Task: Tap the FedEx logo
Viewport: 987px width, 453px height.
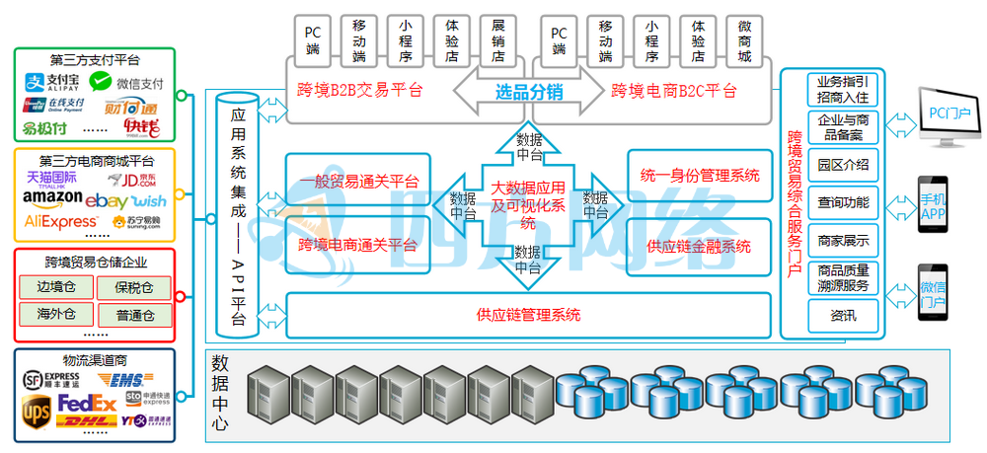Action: [x=89, y=403]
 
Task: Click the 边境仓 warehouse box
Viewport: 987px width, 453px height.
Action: [x=56, y=287]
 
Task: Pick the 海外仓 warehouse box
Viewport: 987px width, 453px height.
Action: [x=56, y=316]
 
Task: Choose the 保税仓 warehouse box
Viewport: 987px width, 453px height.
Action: [x=133, y=287]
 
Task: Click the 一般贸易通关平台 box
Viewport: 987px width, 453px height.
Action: [x=357, y=181]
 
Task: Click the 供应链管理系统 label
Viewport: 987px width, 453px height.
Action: [x=528, y=316]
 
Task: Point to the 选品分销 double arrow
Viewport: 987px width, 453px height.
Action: [x=528, y=93]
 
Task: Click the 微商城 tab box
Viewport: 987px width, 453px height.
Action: [x=745, y=40]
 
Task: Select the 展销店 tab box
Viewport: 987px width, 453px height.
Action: [x=498, y=40]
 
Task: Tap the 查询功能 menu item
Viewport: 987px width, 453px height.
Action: [x=843, y=203]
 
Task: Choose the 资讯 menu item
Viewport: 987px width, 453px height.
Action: [x=843, y=316]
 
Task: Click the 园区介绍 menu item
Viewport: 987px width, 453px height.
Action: [x=843, y=164]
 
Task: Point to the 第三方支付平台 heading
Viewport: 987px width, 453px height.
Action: [x=95, y=59]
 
